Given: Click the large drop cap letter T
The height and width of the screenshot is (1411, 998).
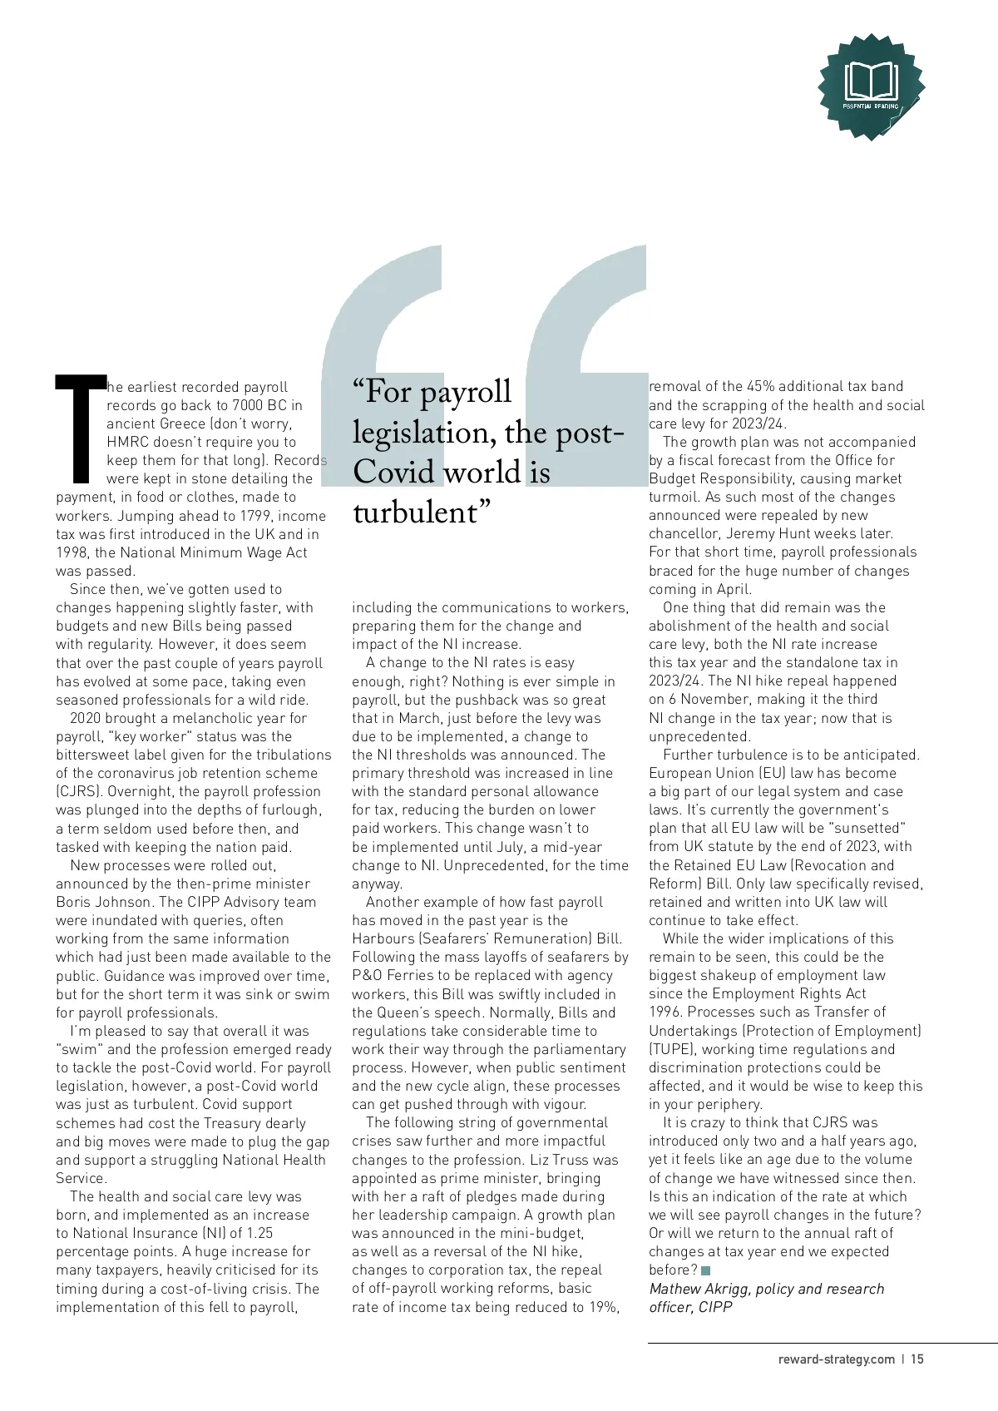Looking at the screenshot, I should pyautogui.click(x=81, y=428).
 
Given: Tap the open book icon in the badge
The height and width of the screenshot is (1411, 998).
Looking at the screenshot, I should pyautogui.click(x=871, y=81).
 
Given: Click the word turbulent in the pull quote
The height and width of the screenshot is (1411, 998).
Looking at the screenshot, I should pyautogui.click(x=416, y=512).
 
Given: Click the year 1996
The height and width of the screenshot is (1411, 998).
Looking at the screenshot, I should pyautogui.click(x=666, y=1012).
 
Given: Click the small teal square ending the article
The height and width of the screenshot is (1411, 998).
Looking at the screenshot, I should pyautogui.click(x=706, y=1270).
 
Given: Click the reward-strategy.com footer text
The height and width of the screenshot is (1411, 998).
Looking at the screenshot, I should pyautogui.click(x=836, y=1359).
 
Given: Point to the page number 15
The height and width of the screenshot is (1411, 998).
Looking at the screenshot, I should pyautogui.click(x=916, y=1359).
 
